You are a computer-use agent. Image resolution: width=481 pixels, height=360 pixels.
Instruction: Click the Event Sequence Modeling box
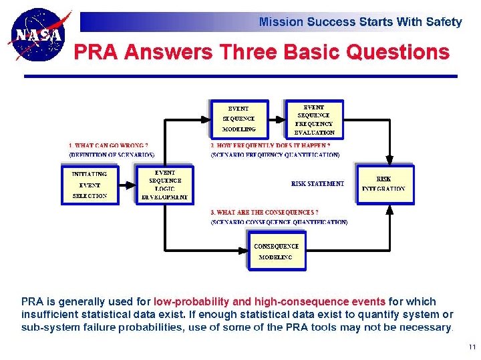(x=239, y=119)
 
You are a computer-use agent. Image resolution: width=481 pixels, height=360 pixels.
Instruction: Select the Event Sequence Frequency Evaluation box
(x=314, y=119)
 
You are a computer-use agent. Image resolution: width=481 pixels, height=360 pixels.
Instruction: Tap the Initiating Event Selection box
(x=89, y=185)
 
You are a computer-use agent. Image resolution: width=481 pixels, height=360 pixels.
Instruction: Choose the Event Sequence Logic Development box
(x=164, y=185)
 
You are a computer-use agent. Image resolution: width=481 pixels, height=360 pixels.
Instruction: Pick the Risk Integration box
(x=383, y=184)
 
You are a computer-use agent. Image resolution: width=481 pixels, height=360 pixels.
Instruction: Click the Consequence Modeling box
(x=276, y=251)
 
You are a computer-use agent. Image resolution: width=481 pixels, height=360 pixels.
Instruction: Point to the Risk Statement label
(x=317, y=183)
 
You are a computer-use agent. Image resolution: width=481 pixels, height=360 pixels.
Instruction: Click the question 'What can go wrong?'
(x=108, y=145)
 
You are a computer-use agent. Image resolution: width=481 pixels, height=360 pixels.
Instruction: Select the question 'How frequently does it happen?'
(x=271, y=145)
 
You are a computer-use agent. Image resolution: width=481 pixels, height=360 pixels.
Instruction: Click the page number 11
(x=472, y=347)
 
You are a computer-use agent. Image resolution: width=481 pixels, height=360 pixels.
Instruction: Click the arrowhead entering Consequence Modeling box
(x=244, y=251)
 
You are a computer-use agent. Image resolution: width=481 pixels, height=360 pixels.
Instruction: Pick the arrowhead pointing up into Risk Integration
(x=390, y=208)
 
